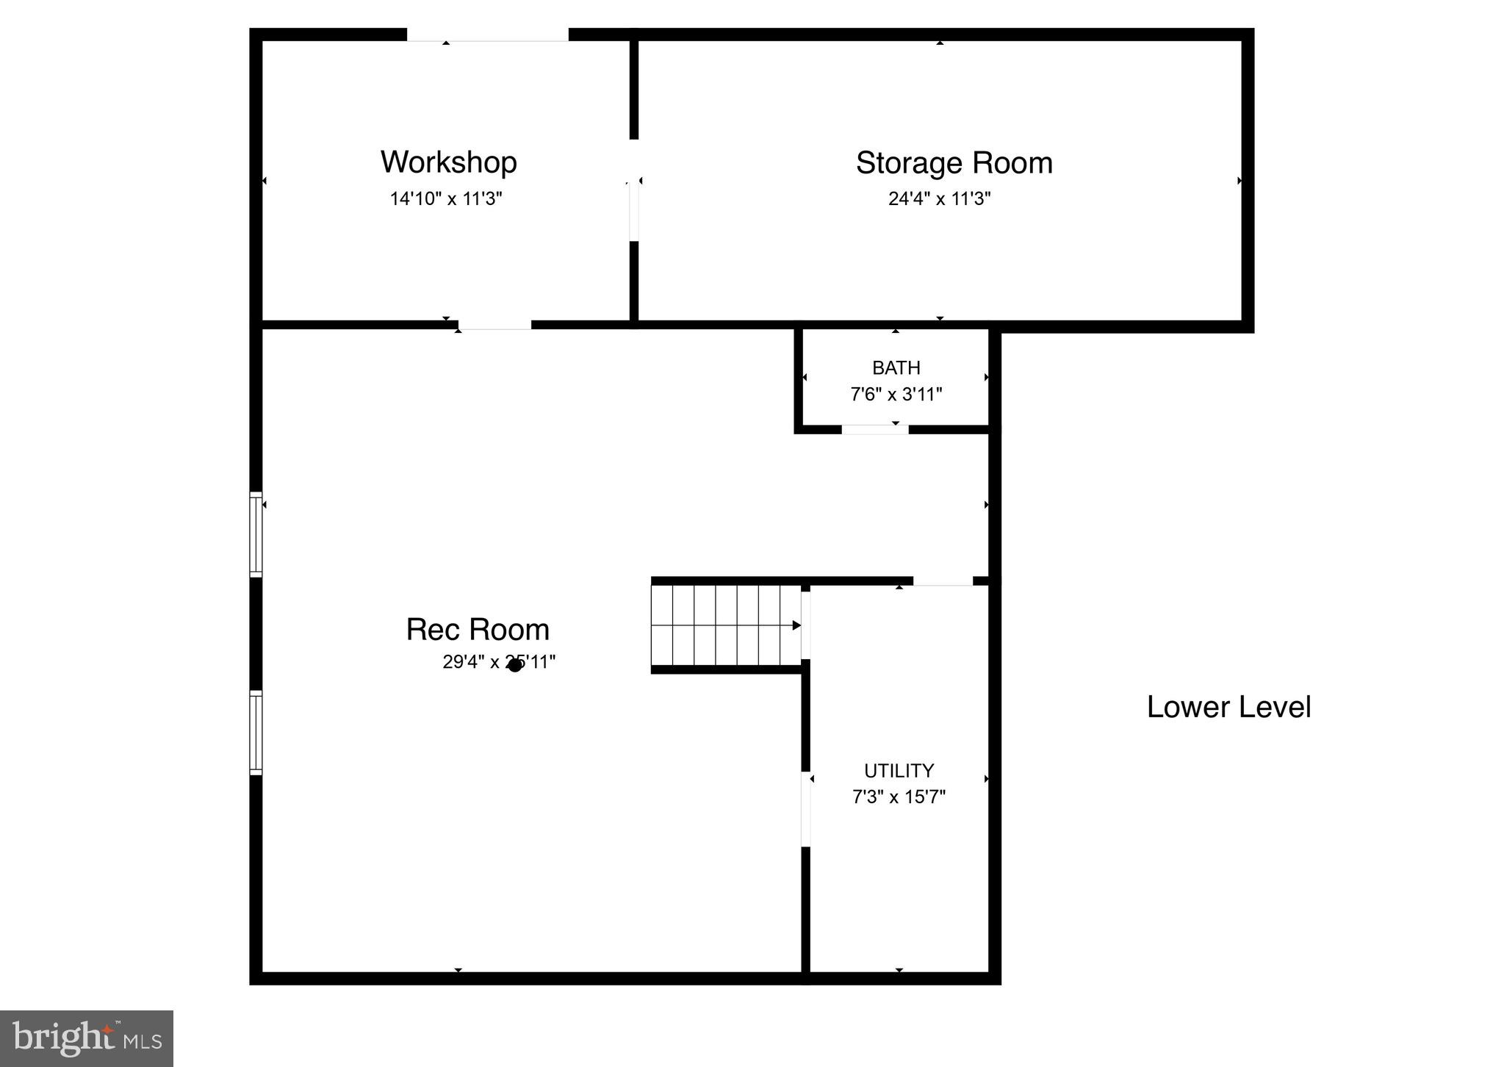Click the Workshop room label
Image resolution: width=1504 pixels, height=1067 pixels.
coord(448,162)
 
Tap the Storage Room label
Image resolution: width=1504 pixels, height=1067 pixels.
coord(954,163)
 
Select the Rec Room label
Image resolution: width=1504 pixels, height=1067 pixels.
coord(478,630)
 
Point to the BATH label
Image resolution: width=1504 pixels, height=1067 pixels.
coord(896,367)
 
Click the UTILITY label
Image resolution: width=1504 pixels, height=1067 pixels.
coord(899,771)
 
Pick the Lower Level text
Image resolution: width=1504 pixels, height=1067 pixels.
coord(1228,707)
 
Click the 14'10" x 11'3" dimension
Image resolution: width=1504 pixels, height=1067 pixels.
coord(446,199)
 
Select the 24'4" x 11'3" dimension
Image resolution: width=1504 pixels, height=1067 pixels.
coord(939,199)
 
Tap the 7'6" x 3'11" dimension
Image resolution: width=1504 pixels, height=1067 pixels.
coord(896,395)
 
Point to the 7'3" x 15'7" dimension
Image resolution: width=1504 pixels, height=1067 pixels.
coord(899,797)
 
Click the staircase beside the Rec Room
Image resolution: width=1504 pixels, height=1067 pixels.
coord(726,625)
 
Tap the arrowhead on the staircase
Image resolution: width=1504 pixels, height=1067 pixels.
coord(796,625)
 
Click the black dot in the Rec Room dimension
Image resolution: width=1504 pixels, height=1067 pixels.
coord(515,665)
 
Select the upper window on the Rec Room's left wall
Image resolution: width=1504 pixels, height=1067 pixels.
coord(256,533)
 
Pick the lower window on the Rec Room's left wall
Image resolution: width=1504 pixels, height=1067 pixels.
coord(256,732)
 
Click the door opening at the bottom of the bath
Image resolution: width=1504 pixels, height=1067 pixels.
coord(874,430)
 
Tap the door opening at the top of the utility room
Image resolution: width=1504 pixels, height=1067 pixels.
coord(943,581)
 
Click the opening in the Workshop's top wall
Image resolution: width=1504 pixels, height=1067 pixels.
coord(487,35)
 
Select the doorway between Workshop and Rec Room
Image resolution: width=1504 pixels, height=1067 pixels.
coord(494,325)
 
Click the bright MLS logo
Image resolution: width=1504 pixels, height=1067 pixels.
coord(87,1038)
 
